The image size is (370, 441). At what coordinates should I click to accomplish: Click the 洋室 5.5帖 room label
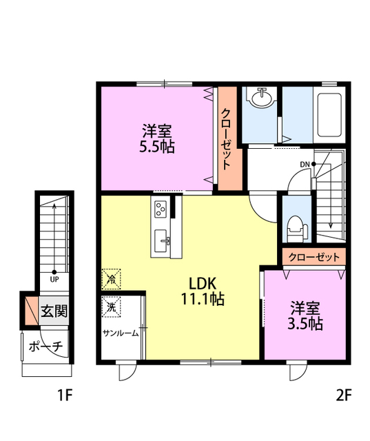point(157,139)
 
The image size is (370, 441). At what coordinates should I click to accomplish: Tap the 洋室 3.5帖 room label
point(305,316)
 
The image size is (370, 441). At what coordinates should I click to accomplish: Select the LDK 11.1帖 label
point(203,291)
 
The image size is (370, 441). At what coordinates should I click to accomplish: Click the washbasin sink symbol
point(262,98)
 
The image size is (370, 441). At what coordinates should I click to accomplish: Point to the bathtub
point(329,115)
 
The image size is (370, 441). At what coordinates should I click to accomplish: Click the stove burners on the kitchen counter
point(161,209)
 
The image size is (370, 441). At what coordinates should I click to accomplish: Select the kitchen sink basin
point(161,240)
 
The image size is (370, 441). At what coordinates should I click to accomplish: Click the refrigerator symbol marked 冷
point(112,279)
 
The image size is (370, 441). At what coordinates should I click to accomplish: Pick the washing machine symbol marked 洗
point(112,307)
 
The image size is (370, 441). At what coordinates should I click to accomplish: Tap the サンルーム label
point(121,334)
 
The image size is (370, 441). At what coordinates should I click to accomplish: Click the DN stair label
point(305,165)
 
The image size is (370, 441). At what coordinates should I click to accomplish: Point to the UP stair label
point(54,280)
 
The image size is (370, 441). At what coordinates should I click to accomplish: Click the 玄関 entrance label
point(54,311)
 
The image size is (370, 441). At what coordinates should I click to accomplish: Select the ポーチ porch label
point(46,346)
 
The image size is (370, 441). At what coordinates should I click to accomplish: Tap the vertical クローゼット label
point(226,139)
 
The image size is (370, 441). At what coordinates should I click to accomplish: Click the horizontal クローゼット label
point(314,257)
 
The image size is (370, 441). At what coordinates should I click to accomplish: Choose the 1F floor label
point(65,396)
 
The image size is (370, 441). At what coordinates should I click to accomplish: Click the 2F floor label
point(344,396)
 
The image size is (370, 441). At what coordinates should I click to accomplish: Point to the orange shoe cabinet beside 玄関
point(32,311)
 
